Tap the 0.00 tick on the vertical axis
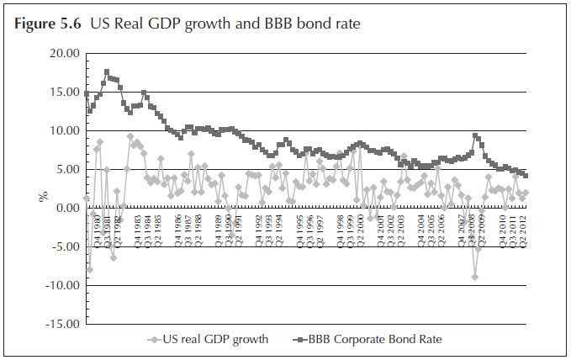click(66, 208)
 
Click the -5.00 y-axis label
click(64, 246)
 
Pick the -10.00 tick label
click(61, 285)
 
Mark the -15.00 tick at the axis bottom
click(61, 324)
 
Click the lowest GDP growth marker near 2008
click(475, 277)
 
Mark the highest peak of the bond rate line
click(107, 71)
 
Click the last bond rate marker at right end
click(526, 175)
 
